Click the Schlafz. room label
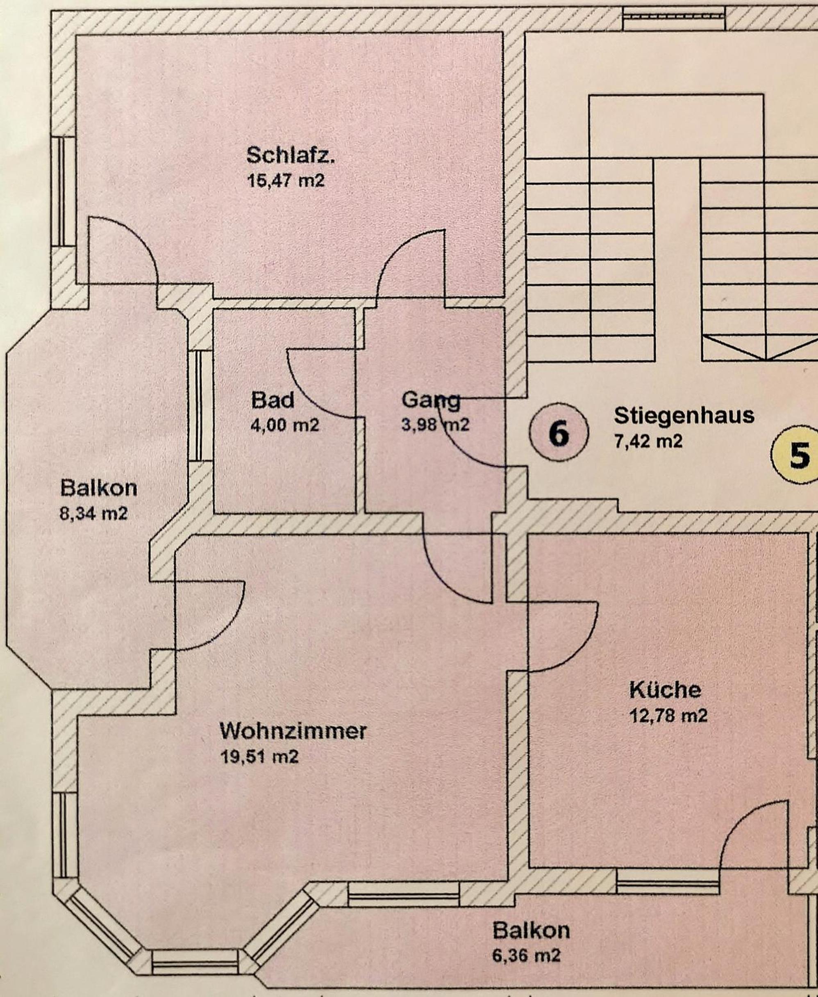290,155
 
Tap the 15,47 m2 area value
286,181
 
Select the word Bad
273,400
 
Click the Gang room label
431,400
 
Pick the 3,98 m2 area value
435,425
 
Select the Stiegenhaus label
684,416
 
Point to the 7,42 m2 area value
648,441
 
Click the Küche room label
665,691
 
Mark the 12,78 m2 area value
668,716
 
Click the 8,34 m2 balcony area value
93,513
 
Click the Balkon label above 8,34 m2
98,488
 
